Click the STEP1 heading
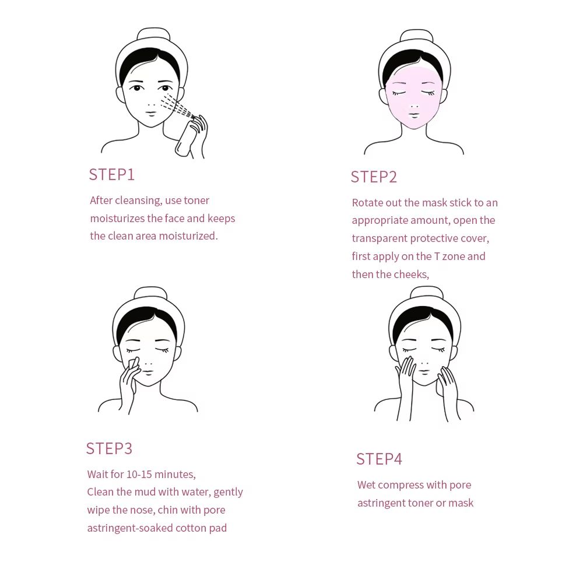click(x=111, y=174)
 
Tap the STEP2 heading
click(x=374, y=177)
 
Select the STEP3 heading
click(x=109, y=448)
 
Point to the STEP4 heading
click(x=379, y=459)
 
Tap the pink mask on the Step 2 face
click(x=414, y=96)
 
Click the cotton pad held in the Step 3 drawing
click(x=134, y=364)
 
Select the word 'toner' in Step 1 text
click(x=196, y=201)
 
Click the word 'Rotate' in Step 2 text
click(x=368, y=203)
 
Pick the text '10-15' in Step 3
click(x=139, y=475)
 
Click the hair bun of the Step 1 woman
click(x=153, y=34)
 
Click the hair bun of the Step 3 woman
click(x=150, y=293)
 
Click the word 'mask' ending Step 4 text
click(x=461, y=503)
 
